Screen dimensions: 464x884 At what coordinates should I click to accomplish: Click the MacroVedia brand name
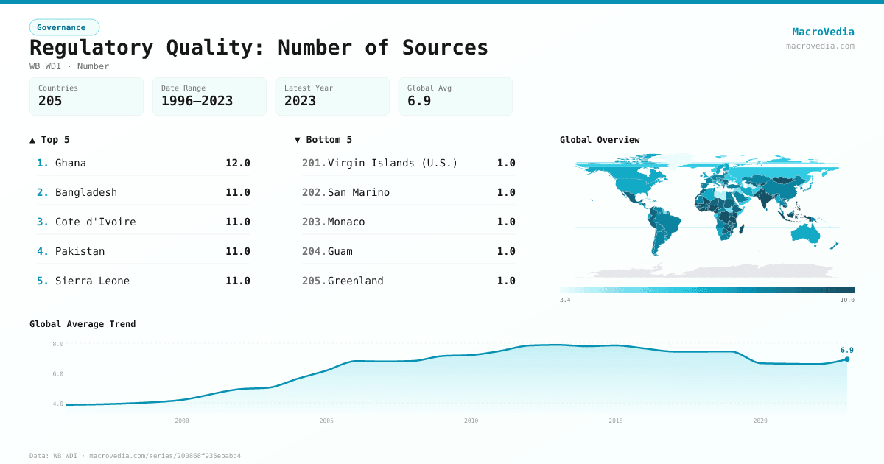pyautogui.click(x=823, y=32)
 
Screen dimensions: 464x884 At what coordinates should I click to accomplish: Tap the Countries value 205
pyautogui.click(x=50, y=101)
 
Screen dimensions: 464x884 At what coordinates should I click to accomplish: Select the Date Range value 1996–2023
pyautogui.click(x=197, y=101)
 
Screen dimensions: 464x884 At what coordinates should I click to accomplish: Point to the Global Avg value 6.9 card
pyautogui.click(x=455, y=96)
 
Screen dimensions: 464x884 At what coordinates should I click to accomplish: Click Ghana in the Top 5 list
pyautogui.click(x=71, y=163)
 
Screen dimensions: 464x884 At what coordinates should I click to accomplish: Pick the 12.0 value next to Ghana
pyautogui.click(x=238, y=163)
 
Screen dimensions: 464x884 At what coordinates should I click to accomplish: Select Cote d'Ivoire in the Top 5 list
pyautogui.click(x=96, y=222)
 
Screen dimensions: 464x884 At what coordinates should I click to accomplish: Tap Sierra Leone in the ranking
pyautogui.click(x=92, y=281)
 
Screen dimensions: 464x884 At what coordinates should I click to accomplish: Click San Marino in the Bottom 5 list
pyautogui.click(x=359, y=192)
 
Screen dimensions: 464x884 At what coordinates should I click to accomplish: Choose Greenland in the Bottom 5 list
pyautogui.click(x=355, y=281)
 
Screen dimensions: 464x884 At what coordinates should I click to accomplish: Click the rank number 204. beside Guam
pyautogui.click(x=314, y=251)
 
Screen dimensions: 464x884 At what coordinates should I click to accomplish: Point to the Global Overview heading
pyautogui.click(x=600, y=140)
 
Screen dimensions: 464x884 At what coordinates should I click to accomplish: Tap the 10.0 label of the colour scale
pyautogui.click(x=847, y=300)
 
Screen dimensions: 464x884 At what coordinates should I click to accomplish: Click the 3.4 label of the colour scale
pyautogui.click(x=565, y=300)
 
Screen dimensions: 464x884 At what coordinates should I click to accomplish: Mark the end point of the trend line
pyautogui.click(x=847, y=359)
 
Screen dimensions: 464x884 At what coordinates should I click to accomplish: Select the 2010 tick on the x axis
pyautogui.click(x=471, y=421)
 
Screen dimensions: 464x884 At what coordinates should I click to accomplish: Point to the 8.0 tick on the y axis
pyautogui.click(x=58, y=344)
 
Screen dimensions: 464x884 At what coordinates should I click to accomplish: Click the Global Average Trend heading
pyautogui.click(x=83, y=324)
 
